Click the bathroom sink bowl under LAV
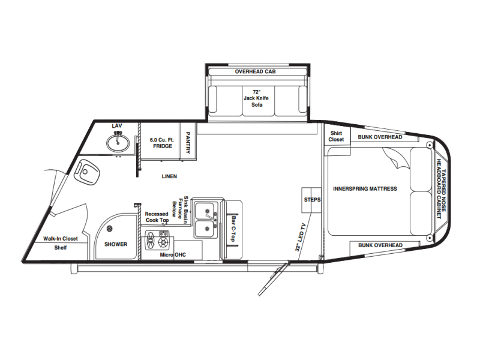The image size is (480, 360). (x=118, y=143)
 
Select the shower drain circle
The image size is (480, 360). (x=109, y=228)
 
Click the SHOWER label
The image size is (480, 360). (x=116, y=244)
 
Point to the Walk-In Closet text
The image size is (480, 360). (x=61, y=238)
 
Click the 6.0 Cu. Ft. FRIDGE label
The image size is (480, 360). (x=162, y=143)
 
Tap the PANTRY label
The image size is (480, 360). (x=188, y=143)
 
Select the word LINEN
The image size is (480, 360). (x=169, y=176)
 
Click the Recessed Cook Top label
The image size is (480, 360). (x=157, y=217)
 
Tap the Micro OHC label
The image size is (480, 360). (x=173, y=254)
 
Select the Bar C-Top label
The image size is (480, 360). (x=234, y=229)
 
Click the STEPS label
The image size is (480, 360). (x=312, y=200)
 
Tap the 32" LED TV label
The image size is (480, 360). (x=301, y=238)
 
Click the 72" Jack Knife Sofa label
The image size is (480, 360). (x=256, y=98)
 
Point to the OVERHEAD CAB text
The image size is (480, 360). (x=256, y=71)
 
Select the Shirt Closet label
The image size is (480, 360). (x=336, y=136)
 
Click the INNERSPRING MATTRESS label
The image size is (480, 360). (x=365, y=189)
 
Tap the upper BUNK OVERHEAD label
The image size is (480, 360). (x=380, y=137)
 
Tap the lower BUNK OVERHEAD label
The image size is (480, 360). (x=380, y=245)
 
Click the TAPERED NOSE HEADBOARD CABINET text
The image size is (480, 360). (x=441, y=189)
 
